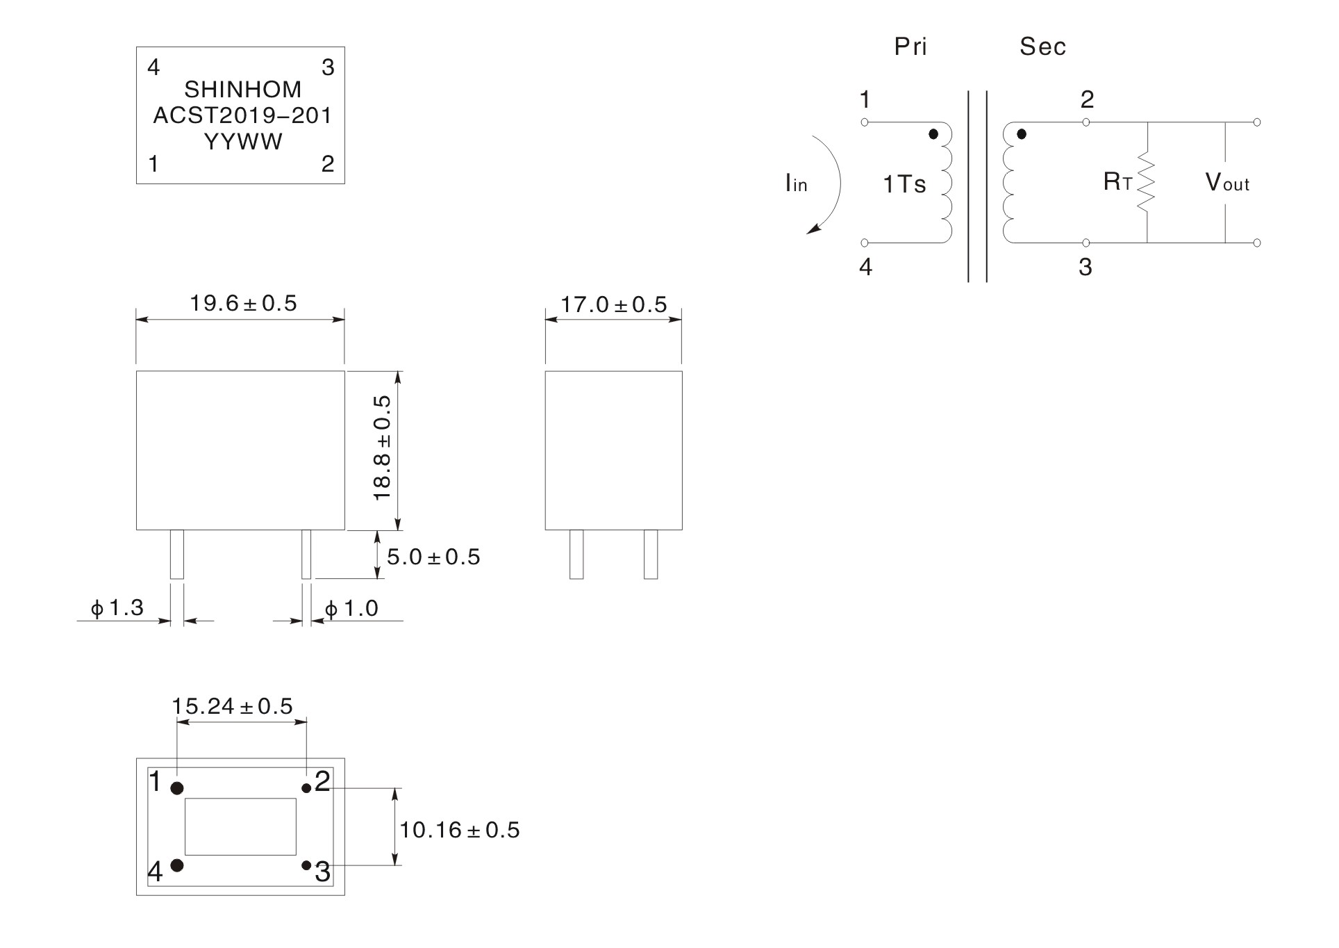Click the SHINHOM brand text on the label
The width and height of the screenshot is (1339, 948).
point(242,90)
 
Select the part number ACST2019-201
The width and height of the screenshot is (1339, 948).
point(242,115)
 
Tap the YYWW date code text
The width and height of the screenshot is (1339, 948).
point(243,142)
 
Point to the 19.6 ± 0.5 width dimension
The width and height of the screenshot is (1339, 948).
point(243,304)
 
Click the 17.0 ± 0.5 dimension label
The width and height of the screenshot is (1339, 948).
point(613,305)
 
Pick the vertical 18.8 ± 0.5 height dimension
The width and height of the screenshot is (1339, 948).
point(383,448)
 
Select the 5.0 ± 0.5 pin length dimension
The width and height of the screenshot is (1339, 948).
point(433,557)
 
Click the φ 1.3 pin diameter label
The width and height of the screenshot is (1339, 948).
point(117,608)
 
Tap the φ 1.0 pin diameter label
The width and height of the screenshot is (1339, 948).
point(351,609)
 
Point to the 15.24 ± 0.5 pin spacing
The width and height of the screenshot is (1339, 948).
point(232,707)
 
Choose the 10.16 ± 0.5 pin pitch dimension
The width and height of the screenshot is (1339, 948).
point(459,831)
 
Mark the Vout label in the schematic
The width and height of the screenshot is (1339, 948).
point(1227,183)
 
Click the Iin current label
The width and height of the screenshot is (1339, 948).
point(796,183)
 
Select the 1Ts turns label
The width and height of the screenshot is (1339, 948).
point(904,185)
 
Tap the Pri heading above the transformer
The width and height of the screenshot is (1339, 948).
point(910,47)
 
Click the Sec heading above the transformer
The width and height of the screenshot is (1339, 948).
point(1042,47)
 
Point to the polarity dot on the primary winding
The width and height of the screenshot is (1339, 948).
point(933,133)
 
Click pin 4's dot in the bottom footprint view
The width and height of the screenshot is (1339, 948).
point(177,865)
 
